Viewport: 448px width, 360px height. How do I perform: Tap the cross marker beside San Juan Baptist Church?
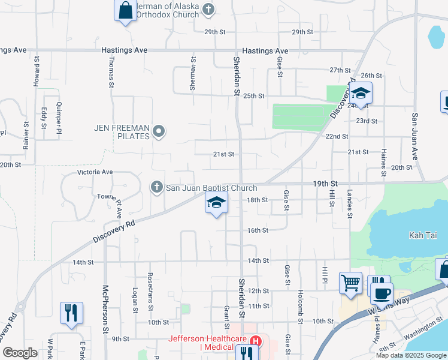pyautogui.click(x=157, y=188)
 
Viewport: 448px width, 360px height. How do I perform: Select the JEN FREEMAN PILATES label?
pyautogui.click(x=122, y=132)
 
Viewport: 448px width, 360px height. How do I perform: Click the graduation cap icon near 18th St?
pyautogui.click(x=216, y=204)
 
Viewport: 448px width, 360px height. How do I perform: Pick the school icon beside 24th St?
pyautogui.click(x=361, y=94)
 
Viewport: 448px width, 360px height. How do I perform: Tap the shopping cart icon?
pyautogui.click(x=350, y=281)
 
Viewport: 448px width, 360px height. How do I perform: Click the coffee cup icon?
pyautogui.click(x=382, y=293)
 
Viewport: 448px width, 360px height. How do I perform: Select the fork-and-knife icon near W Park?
pyautogui.click(x=71, y=313)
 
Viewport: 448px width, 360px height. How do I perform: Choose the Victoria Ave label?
pyautogui.click(x=95, y=172)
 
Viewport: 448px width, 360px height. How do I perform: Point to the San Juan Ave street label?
pyautogui.click(x=414, y=136)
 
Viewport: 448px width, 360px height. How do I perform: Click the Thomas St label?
pyautogui.click(x=111, y=73)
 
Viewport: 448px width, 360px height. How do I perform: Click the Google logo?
pyautogui.click(x=20, y=353)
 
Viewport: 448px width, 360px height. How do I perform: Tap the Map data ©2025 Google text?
pyautogui.click(x=411, y=355)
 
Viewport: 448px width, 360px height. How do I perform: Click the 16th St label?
pyautogui.click(x=258, y=230)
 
